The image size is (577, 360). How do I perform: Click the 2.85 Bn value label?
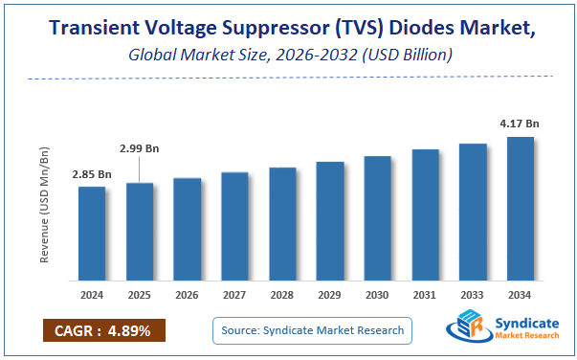pos(92,174)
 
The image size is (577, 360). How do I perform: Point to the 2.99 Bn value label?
pos(140,149)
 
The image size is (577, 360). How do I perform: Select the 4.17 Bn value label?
pos(520,123)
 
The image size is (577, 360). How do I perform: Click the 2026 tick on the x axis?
pos(188,296)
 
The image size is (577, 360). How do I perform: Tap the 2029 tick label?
pos(330,296)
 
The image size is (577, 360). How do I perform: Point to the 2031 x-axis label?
pos(425,296)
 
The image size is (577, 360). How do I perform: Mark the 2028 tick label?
pos(282,296)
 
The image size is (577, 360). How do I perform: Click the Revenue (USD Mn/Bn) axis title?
pos(45,206)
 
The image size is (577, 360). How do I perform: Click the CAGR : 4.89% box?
pos(103,330)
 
